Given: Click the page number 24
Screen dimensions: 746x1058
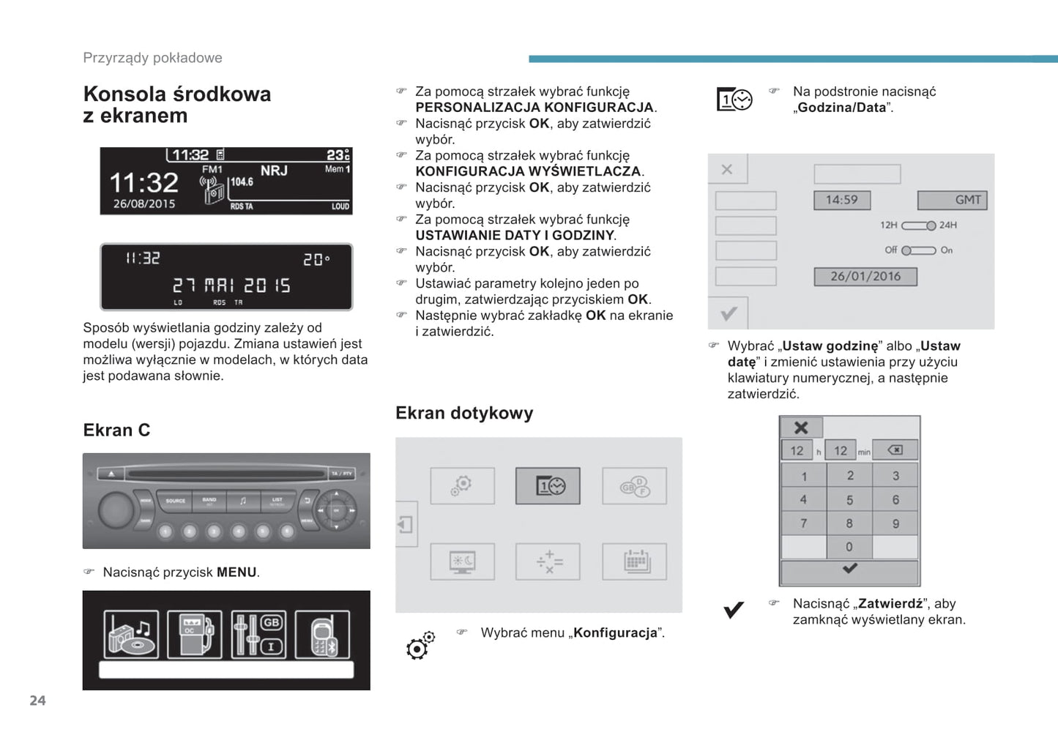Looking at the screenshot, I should click(x=37, y=701).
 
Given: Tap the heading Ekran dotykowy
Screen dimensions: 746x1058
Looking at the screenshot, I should click(x=464, y=413).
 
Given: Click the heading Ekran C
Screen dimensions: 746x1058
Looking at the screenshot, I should click(x=116, y=430).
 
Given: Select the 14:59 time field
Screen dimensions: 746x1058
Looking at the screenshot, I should click(x=841, y=200).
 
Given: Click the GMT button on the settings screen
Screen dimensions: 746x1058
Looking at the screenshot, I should click(x=952, y=200).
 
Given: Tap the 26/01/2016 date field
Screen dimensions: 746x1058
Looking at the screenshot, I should click(x=865, y=277).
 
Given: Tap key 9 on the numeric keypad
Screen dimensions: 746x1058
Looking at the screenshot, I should click(x=895, y=523).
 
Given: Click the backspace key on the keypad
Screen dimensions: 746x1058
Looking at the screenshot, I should click(x=895, y=450).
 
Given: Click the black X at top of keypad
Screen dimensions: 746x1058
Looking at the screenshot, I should click(x=801, y=428).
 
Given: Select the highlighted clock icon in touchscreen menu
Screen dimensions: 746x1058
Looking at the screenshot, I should click(x=548, y=486).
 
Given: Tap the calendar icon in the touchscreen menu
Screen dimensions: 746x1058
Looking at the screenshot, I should click(x=635, y=562).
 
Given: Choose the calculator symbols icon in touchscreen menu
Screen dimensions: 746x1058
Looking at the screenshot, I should click(x=548, y=562).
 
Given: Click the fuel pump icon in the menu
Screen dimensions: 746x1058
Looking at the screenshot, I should click(x=194, y=635).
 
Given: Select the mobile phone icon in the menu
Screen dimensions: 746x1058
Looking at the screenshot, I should click(x=322, y=635).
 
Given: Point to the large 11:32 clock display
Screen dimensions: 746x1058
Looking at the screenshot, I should click(x=144, y=182).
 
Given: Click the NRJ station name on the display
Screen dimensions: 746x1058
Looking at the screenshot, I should click(x=274, y=171).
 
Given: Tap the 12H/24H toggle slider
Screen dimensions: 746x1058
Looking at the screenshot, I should click(x=918, y=225).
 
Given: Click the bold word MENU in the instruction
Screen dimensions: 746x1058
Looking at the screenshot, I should click(x=236, y=572).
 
